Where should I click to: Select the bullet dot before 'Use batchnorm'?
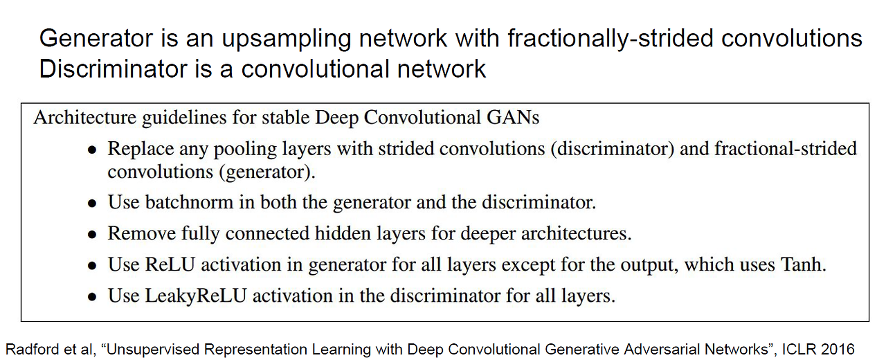point(92,204)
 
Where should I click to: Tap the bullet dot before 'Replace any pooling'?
point(92,150)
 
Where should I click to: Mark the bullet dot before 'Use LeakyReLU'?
point(92,297)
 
